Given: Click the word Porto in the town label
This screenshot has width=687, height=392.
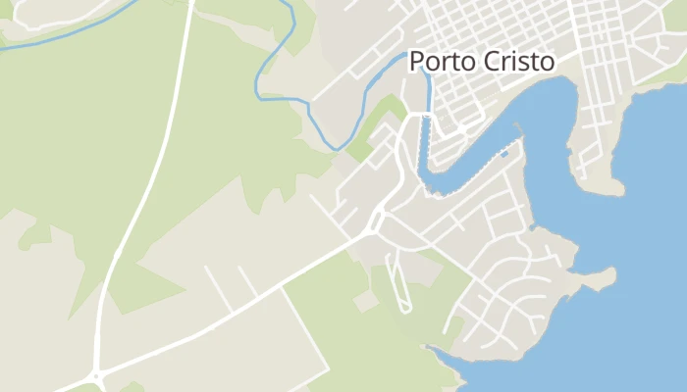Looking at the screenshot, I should tap(440, 61).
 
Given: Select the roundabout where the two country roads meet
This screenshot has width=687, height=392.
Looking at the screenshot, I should tap(97, 375).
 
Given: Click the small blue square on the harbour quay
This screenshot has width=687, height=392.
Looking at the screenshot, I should tap(504, 154).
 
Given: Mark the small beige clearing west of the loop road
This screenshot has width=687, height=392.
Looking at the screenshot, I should tap(365, 302).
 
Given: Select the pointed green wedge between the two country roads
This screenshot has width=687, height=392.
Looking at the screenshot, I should tap(147, 294).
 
